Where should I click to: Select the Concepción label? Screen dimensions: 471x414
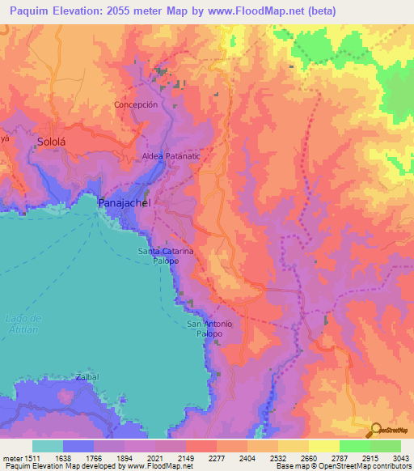[x=146, y=104]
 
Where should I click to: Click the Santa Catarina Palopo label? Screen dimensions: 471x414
[x=166, y=256]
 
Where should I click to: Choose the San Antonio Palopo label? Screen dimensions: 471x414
[x=209, y=329]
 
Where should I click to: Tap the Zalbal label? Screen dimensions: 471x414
[x=87, y=377]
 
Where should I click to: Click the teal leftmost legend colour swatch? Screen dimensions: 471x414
[x=48, y=446]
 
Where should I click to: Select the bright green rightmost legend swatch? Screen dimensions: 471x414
[x=386, y=446]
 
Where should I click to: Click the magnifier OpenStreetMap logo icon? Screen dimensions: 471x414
[x=374, y=430]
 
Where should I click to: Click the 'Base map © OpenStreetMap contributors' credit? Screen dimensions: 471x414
[x=342, y=466]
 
